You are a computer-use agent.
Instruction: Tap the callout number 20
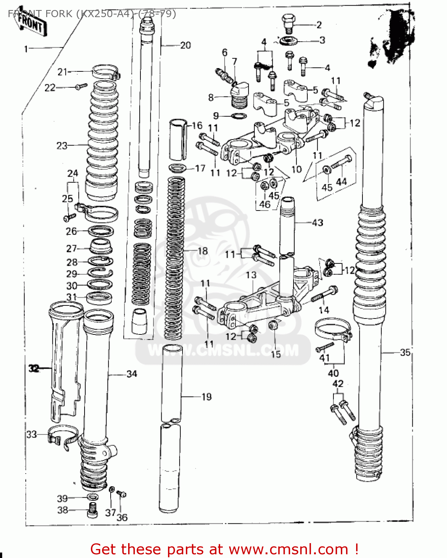click(x=185, y=45)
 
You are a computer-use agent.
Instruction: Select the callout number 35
click(x=405, y=352)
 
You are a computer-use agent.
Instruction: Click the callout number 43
click(x=317, y=223)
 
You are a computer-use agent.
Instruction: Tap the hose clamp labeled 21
click(x=105, y=71)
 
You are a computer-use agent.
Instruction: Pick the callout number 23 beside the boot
click(x=62, y=146)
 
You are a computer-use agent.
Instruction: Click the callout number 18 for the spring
click(x=202, y=251)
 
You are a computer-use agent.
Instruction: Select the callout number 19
click(x=206, y=397)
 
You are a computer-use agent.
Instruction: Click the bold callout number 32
click(x=34, y=369)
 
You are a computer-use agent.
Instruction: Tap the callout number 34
click(x=132, y=374)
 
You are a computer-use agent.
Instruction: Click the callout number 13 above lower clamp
click(x=251, y=275)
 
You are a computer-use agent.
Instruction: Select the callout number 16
click(x=197, y=125)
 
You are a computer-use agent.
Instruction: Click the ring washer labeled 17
click(x=178, y=168)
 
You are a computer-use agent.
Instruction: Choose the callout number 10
click(x=296, y=169)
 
